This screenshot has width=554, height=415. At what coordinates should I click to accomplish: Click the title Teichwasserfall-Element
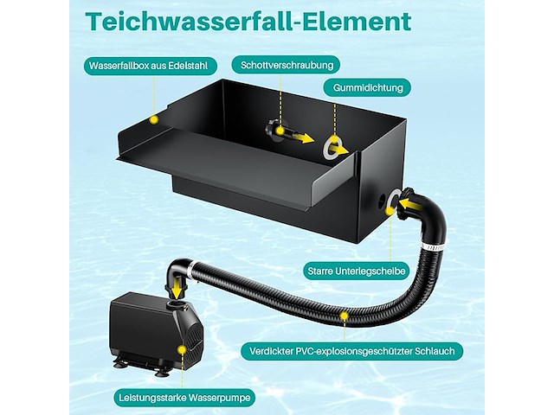(x=248, y=22)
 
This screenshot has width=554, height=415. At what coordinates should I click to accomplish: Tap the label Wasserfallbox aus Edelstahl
(x=148, y=66)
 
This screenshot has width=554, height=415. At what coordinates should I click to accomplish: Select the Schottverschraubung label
(x=287, y=66)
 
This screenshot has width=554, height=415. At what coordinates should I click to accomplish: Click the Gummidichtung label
(x=368, y=88)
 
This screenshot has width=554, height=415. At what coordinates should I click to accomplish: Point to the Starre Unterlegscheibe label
(x=356, y=271)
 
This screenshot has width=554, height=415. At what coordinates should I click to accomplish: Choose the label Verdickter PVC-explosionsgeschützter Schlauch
(x=352, y=351)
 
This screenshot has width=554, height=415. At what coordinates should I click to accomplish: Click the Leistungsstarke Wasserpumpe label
(x=184, y=398)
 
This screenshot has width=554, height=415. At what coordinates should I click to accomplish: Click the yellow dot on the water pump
(x=182, y=349)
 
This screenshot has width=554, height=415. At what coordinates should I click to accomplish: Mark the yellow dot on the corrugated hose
(x=344, y=316)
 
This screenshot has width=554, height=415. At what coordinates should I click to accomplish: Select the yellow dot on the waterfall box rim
(x=153, y=119)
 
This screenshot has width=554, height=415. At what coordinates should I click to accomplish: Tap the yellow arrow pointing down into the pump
(x=176, y=285)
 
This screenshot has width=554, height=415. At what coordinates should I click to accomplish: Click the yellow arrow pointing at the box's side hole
(x=409, y=204)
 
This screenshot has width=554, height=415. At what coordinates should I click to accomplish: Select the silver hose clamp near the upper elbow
(x=432, y=246)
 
